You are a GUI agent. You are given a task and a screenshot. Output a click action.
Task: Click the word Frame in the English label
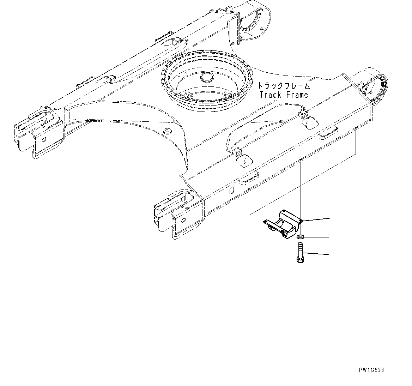297,95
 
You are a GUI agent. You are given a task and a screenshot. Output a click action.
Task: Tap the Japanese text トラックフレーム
284,86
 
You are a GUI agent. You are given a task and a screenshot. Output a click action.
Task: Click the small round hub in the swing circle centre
205,78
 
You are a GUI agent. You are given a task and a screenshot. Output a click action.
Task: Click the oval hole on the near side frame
231,191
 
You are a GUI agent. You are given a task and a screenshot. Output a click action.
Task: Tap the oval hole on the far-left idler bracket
44,139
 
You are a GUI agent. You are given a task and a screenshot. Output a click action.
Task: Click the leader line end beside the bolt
329,254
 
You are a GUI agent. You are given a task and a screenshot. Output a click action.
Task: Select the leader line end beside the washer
329,237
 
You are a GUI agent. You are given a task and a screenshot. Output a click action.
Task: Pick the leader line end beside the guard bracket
329,219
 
